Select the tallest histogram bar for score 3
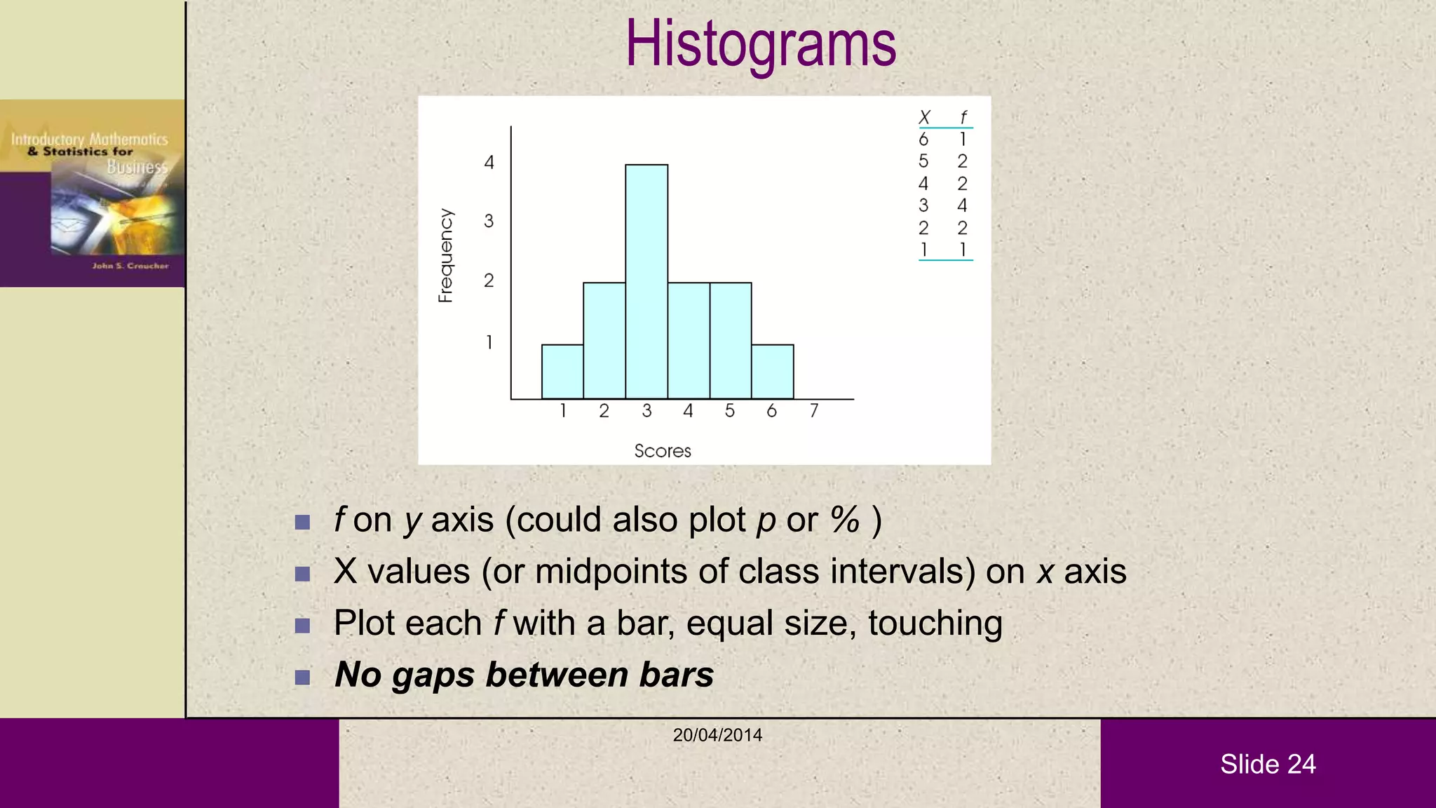coord(646,281)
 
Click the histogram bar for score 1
coord(562,372)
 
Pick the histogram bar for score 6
coord(773,372)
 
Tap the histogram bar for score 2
coord(604,341)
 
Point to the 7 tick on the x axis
coord(813,411)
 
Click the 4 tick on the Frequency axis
coord(489,163)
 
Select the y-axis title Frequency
coord(446,255)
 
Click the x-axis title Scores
coord(663,451)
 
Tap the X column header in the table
coord(924,117)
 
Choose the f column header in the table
coord(963,117)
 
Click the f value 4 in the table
coord(962,206)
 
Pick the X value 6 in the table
coord(923,140)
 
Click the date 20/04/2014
coord(717,735)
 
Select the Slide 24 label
coord(1268,764)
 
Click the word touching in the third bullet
coord(935,624)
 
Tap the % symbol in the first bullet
coord(844,520)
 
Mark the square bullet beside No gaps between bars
coord(302,677)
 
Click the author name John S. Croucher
coord(130,266)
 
